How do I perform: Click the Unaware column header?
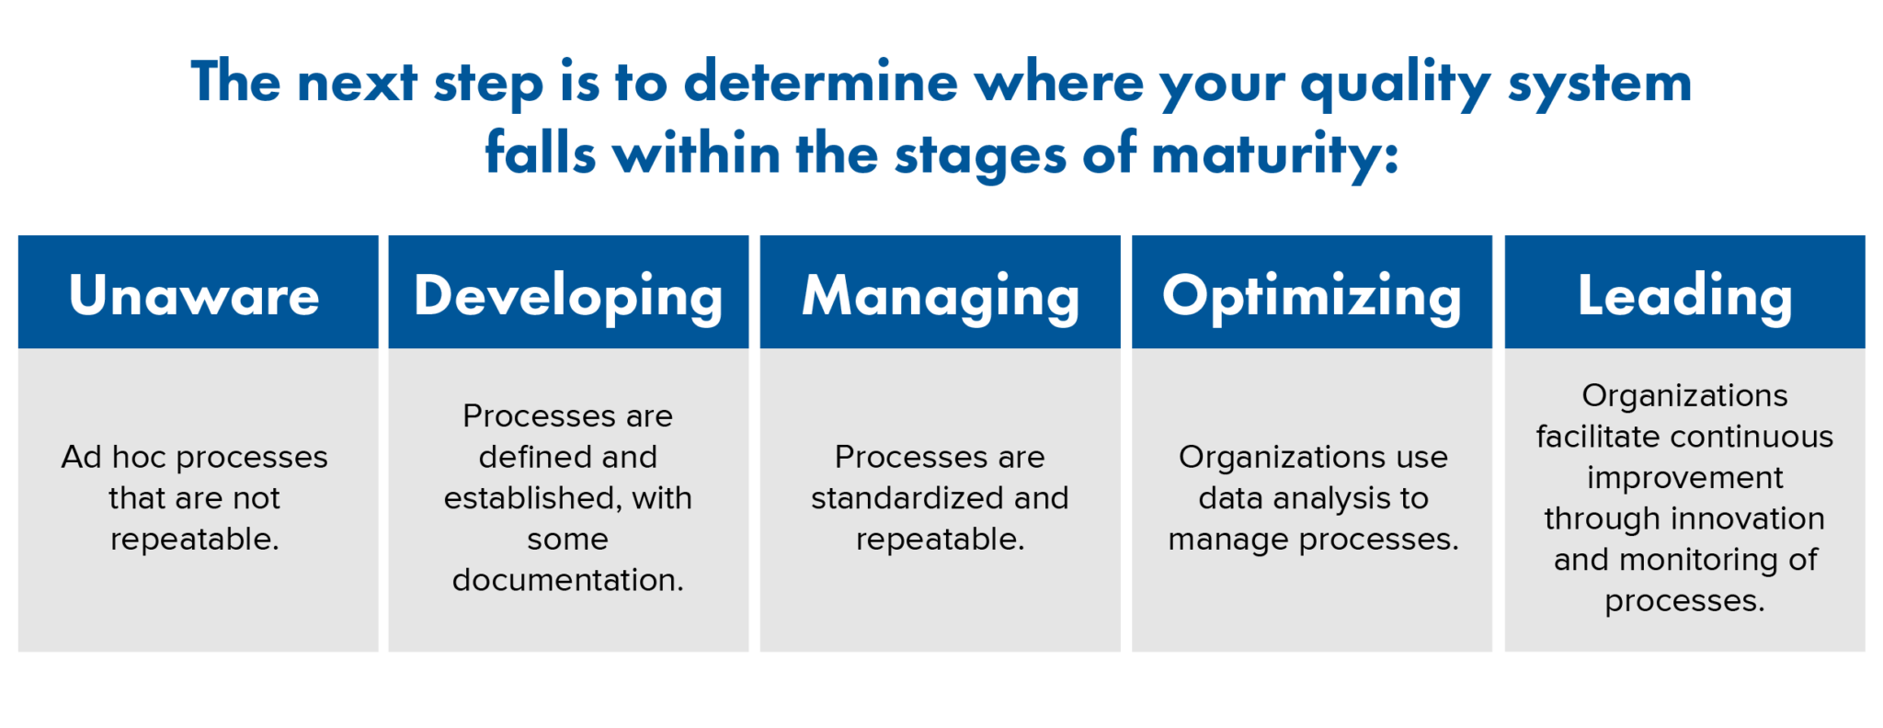tap(194, 296)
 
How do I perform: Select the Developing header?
tap(568, 296)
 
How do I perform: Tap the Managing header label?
tap(941, 296)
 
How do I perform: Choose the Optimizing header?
tap(1312, 296)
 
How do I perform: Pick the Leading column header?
tap(1684, 296)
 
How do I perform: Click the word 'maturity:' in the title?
tap(1275, 154)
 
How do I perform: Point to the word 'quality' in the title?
tap(1396, 85)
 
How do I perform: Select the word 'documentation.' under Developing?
tap(568, 580)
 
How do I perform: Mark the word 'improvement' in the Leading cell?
tap(1684, 478)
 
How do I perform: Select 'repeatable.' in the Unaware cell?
tap(194, 540)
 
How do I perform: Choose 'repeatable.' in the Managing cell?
tap(941, 540)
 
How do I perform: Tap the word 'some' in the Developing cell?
tap(568, 540)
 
